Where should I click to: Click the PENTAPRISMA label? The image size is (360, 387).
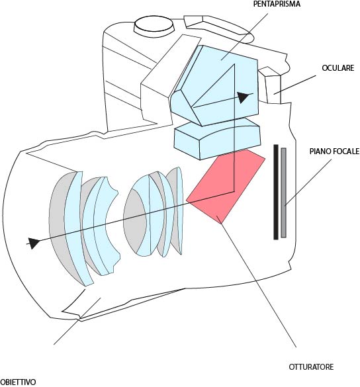click(277, 4)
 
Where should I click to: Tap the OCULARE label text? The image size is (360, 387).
click(337, 68)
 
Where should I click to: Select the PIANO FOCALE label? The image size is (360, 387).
click(335, 151)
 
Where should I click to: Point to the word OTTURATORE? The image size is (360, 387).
click(311, 366)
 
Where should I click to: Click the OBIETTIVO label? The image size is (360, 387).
click(18, 382)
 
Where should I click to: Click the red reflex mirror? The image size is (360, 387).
click(226, 187)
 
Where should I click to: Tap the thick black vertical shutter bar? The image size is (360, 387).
click(276, 192)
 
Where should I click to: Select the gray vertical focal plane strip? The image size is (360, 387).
click(283, 193)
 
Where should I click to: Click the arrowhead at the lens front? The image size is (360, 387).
click(34, 243)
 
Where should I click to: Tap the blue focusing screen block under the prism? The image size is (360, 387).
click(217, 139)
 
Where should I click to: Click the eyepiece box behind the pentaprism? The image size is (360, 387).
click(271, 85)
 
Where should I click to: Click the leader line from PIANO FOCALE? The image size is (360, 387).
click(308, 183)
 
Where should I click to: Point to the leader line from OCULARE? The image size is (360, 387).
click(294, 85)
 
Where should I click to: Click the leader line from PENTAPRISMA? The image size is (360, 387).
click(244, 36)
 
